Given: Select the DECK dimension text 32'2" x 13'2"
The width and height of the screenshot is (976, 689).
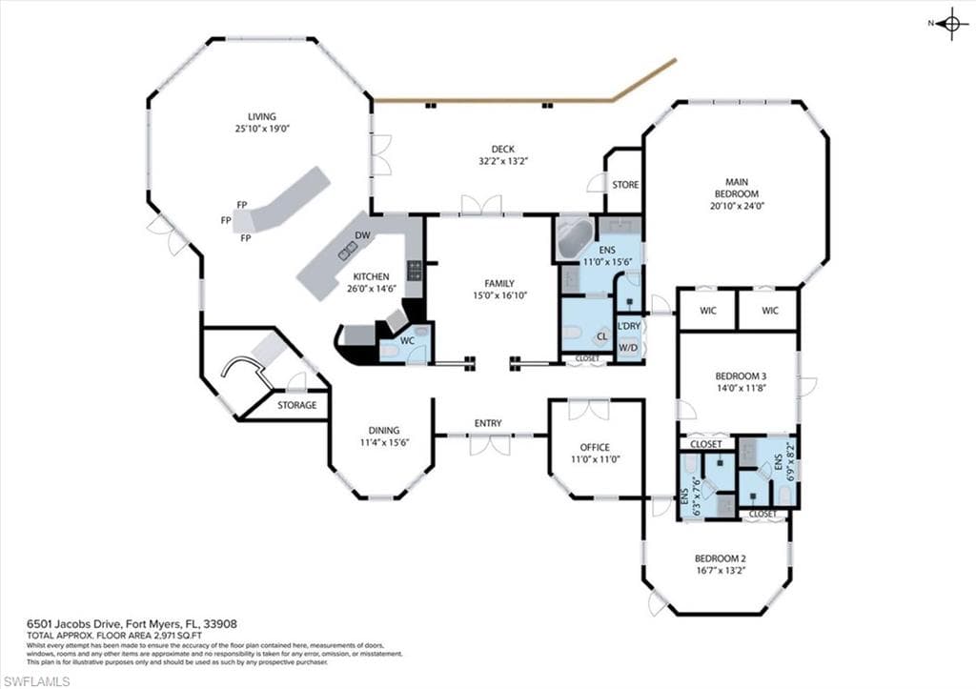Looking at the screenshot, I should [502, 161].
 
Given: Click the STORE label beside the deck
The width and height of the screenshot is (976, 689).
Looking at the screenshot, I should [625, 184].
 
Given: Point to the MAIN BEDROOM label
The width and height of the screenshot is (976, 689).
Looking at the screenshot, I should [736, 187].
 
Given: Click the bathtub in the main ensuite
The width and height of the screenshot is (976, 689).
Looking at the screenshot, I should [574, 238].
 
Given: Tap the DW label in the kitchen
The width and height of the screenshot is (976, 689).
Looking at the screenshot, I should [362, 234].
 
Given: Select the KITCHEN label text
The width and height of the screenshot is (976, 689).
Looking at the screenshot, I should [371, 276].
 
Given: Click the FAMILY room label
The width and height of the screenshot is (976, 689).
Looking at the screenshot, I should [498, 283].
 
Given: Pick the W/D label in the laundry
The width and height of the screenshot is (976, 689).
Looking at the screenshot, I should [628, 347].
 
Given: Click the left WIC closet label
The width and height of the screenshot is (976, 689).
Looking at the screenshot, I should [707, 310].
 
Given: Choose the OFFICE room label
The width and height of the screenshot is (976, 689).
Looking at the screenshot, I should [595, 447].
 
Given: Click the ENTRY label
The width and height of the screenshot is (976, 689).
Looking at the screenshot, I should [488, 423].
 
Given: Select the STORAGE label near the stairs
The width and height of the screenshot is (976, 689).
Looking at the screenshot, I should [296, 405].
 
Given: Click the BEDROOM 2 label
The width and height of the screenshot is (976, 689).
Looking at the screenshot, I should [720, 558].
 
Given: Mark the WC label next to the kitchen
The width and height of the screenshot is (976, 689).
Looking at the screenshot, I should [406, 340].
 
